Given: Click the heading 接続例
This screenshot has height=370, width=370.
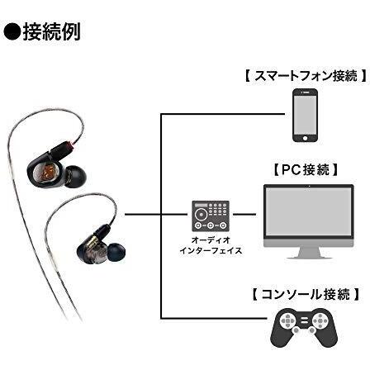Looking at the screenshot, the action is tap(51, 32).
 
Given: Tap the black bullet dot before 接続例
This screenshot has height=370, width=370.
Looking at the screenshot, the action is tap(12, 32).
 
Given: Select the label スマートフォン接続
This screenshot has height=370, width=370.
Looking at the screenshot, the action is tap(306, 76).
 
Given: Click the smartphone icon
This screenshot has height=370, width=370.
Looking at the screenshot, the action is tap(305, 115).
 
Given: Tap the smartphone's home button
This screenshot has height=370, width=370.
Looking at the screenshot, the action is tap(305, 138).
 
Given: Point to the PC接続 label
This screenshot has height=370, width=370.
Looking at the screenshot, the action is tap(306, 169).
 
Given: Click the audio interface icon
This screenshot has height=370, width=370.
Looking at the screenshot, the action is tap(211, 216).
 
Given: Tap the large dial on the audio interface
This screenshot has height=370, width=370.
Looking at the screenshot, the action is tap(201, 214).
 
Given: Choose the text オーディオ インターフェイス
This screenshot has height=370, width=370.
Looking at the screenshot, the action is tap(211, 245).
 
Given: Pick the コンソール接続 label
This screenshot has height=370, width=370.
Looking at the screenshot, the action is tap(305, 295).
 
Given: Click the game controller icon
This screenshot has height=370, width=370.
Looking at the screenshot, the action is tap(304, 328).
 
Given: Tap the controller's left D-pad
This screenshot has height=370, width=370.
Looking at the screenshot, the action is tap(288, 320).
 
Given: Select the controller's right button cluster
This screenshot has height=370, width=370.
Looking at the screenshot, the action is tap(320, 320).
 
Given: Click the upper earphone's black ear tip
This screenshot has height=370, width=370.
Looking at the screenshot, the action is tap(75, 177).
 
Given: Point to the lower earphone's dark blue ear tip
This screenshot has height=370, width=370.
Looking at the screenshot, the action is tap(116, 253).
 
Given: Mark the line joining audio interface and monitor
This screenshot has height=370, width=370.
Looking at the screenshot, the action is tap(244, 214).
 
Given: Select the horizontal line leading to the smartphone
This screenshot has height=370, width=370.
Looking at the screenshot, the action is tap(223, 114).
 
